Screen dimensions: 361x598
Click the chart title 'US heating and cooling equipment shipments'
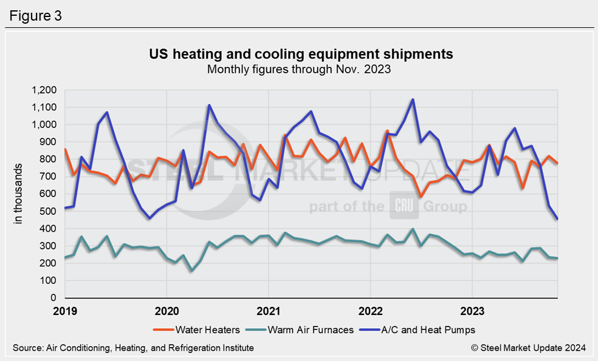coord(301,54)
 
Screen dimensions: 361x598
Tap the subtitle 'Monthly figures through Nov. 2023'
coord(298,69)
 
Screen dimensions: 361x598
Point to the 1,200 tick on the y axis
coord(44,90)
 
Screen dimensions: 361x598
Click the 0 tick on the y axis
coord(53,299)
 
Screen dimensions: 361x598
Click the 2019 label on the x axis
coord(66,312)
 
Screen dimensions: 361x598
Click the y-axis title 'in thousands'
coord(18,194)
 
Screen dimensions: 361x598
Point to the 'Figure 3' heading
coord(35,15)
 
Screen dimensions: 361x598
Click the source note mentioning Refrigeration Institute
coord(133,348)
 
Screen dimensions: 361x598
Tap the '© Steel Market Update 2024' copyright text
coord(528,348)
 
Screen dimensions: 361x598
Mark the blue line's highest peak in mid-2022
coord(413,100)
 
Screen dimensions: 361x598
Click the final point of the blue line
coord(557,219)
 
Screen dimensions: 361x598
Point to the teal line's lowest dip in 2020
coord(192,271)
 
